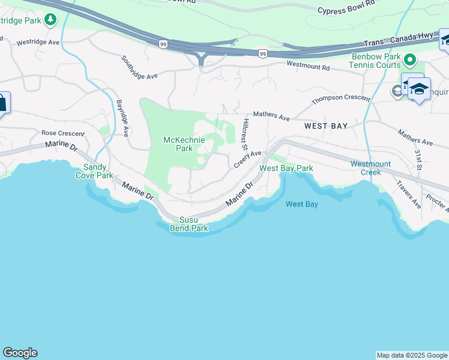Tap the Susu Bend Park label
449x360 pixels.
pyautogui.click(x=193, y=224)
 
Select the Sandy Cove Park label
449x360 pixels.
pyautogui.click(x=94, y=172)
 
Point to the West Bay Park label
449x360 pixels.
pyautogui.click(x=286, y=169)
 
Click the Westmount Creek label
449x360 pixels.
pyautogui.click(x=370, y=168)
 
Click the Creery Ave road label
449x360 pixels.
pyautogui.click(x=248, y=158)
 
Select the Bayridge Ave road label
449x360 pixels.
pyautogui.click(x=122, y=118)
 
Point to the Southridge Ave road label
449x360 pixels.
pyautogui.click(x=139, y=68)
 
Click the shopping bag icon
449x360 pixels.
pyautogui.click(x=2, y=103)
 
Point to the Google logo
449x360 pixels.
pyautogui.click(x=20, y=353)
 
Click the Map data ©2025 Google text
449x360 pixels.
pyautogui.click(x=412, y=355)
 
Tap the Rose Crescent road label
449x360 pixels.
pyautogui.click(x=62, y=133)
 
